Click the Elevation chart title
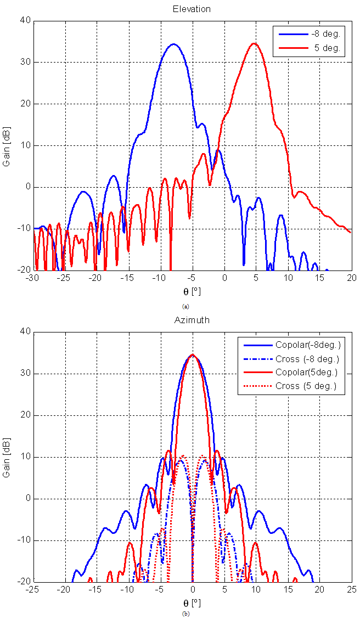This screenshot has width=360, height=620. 192,9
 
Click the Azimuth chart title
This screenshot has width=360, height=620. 192,320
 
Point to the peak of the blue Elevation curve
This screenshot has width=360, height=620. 173,44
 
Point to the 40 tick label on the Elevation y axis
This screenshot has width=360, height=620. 25,21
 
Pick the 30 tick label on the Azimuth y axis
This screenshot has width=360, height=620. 25,374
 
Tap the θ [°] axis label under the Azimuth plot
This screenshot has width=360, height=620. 192,602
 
